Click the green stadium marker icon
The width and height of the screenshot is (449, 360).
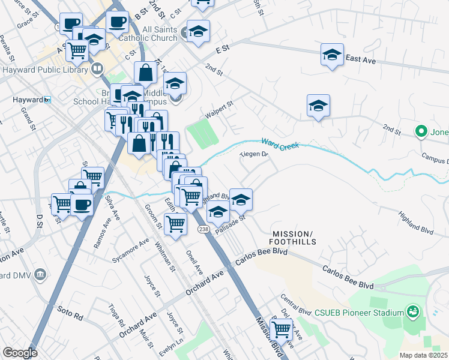(x=412, y=311)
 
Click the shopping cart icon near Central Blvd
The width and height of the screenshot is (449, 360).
(x=281, y=329)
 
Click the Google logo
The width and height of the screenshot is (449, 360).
(x=20, y=353)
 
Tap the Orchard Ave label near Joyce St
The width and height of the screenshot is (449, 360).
(x=137, y=324)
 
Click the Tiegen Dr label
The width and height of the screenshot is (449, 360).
(x=253, y=154)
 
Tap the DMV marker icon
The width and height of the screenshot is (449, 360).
(x=40, y=274)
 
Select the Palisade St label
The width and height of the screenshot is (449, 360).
(x=233, y=227)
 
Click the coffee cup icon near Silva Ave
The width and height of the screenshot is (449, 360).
(x=82, y=205)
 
